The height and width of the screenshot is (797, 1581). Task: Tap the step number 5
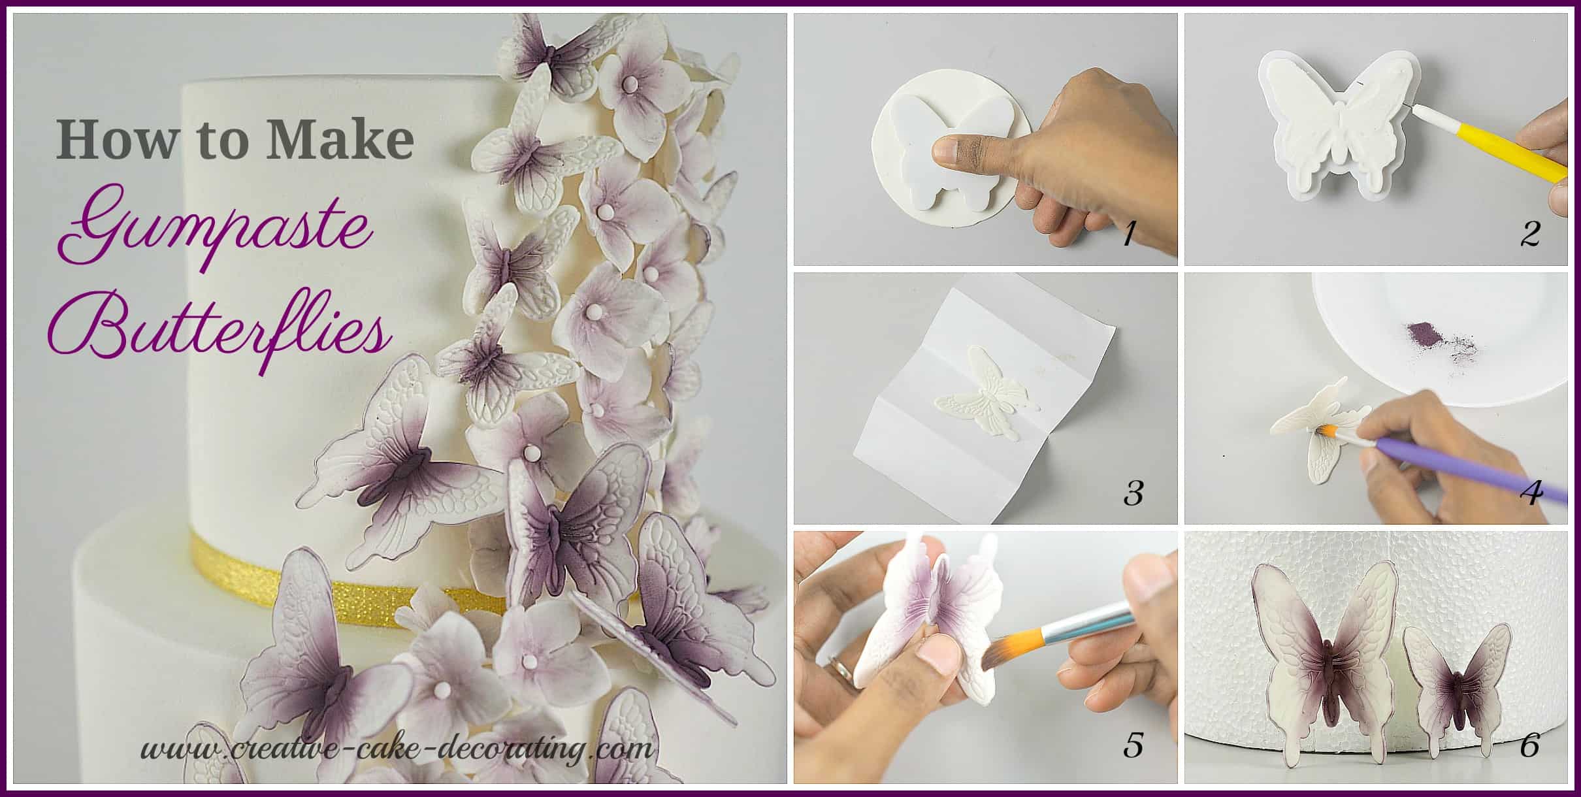(x=1133, y=745)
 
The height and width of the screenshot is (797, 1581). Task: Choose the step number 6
(x=1529, y=745)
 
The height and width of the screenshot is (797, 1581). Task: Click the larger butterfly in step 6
(x=1325, y=660)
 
